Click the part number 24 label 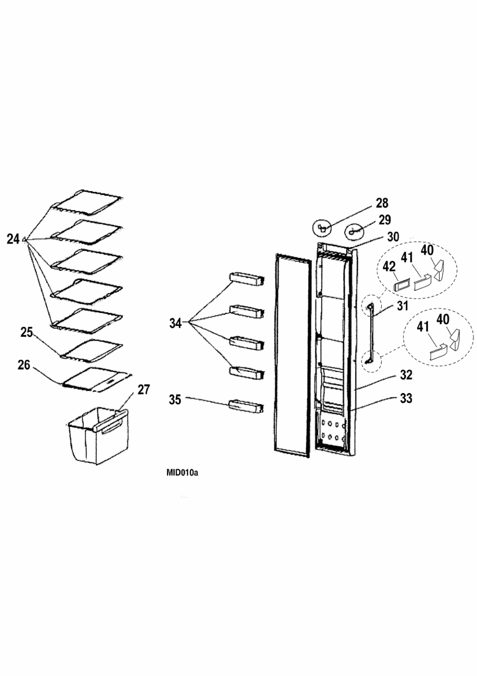(x=13, y=239)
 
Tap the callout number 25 (x=26, y=333)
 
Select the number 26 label (x=24, y=365)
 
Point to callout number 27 (x=144, y=390)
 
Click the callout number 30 (x=393, y=237)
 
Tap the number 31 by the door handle (x=402, y=306)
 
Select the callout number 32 (x=405, y=375)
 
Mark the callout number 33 (x=405, y=398)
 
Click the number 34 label (x=175, y=324)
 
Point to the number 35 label (x=175, y=400)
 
